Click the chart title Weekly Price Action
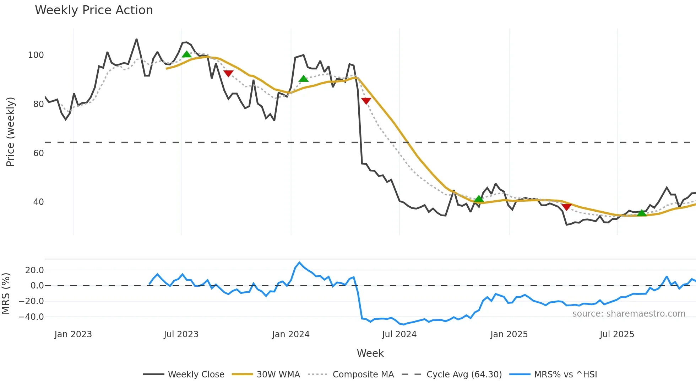click(94, 10)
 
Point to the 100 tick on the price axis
click(36, 55)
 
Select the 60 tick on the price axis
click(38, 153)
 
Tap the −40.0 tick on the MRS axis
click(31, 317)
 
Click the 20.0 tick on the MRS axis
click(34, 270)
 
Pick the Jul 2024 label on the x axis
click(399, 334)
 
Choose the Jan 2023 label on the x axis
click(73, 334)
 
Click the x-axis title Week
click(370, 353)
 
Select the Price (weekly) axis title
click(11, 132)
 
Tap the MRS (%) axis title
click(6, 293)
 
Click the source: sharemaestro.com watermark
click(629, 314)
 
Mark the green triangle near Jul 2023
click(186, 54)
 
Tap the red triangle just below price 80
click(366, 101)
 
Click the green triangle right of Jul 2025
click(642, 213)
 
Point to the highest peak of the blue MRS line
click(299, 263)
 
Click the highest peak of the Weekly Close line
click(137, 39)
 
